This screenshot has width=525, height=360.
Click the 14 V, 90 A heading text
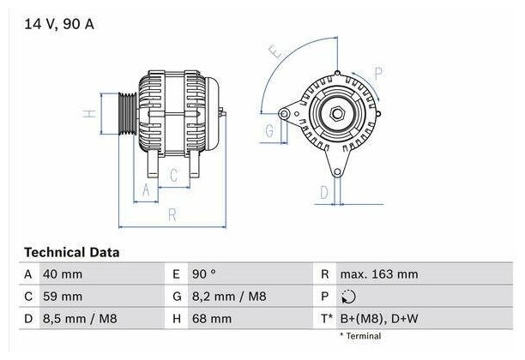tap(59, 24)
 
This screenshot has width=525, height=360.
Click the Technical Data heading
tap(72, 252)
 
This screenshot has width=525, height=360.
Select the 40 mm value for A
tap(63, 274)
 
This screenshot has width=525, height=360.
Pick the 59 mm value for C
tap(63, 297)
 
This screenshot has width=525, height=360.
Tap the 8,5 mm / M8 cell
tap(80, 319)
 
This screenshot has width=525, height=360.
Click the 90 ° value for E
tap(204, 274)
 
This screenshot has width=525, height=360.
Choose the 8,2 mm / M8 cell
tap(229, 297)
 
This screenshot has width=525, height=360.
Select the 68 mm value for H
tap(212, 319)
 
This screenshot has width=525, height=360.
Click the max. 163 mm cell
tap(379, 274)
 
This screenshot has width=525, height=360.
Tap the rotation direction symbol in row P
tap(348, 297)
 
